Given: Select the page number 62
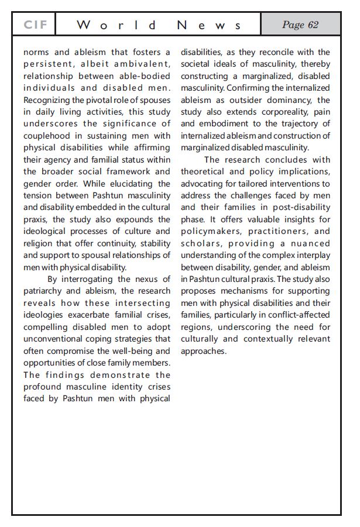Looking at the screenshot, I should coord(300,25).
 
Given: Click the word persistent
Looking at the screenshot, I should coord(48,64).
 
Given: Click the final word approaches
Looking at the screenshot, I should coord(203,351).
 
